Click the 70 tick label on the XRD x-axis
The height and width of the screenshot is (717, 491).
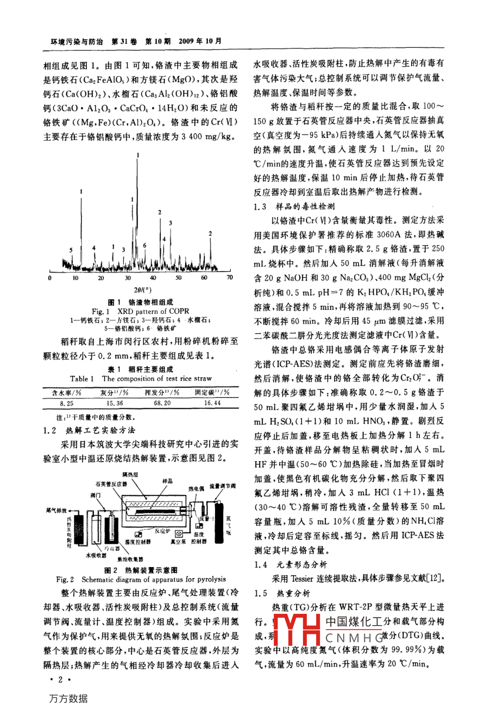[229, 278]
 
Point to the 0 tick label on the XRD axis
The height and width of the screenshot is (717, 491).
[50, 278]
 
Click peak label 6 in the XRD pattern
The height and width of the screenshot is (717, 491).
[145, 245]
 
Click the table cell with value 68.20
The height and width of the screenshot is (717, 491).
[162, 403]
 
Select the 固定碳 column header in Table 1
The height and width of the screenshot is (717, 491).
[213, 392]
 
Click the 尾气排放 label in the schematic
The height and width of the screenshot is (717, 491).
[56, 510]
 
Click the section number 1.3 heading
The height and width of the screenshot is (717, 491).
[260, 206]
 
